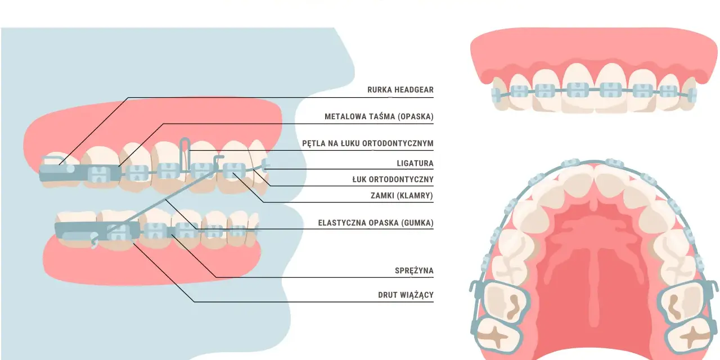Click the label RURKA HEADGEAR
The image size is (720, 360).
pos(400,89)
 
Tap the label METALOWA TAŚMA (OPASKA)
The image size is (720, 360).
pos(379,116)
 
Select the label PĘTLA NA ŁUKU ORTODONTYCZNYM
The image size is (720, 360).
pos(368,143)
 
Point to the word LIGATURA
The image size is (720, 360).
pos(415,163)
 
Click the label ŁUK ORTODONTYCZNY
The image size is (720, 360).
pos(393,179)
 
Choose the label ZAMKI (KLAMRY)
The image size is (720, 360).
pos(402,195)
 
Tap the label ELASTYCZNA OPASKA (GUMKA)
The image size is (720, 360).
pos(376,223)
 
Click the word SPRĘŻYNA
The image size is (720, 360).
pos(414,271)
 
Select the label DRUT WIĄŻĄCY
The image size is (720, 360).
pos(406,295)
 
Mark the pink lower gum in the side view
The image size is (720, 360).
pos(151,267)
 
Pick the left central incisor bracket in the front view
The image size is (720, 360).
pos(578,89)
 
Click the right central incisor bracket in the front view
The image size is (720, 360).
pos(611,89)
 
